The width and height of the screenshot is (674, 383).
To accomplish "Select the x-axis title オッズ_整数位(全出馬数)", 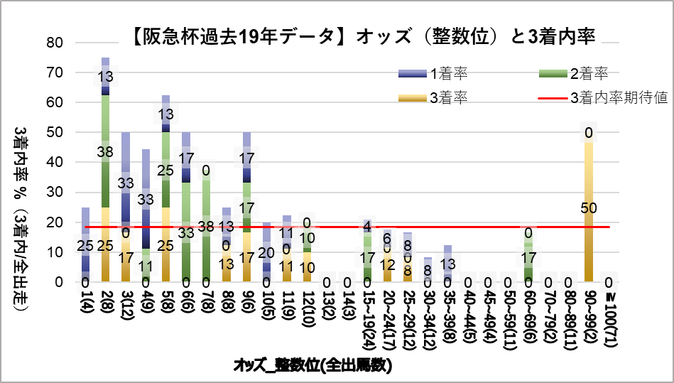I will pos(312,366).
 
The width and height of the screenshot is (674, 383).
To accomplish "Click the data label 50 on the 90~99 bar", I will pos(589,207).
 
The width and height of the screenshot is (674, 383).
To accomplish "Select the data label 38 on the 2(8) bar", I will pos(105,151).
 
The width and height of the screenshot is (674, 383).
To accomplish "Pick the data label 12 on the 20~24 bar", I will pos(388,264).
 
